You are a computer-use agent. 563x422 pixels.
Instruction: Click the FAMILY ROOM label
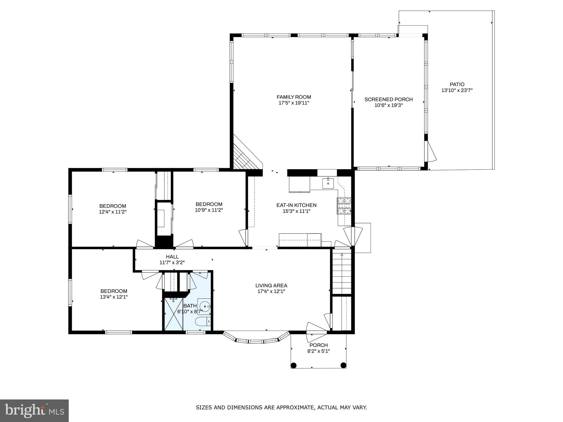coord(294,97)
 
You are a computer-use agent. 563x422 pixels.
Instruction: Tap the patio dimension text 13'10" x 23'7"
coord(457,90)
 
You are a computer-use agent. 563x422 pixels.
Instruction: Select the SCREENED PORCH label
coord(388,99)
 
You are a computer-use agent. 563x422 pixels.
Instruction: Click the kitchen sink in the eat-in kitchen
coord(328,183)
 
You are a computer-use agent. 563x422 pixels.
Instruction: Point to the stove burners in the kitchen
coord(344,206)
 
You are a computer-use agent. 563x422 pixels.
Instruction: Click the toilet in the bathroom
coord(203,321)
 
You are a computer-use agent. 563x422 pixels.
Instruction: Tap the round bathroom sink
coord(205,306)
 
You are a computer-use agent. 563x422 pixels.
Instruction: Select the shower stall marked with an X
coord(173,314)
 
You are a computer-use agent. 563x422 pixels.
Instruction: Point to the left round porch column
coord(294,365)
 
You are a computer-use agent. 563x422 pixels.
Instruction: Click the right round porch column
coord(343,365)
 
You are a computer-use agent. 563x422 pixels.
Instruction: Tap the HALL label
coord(172,257)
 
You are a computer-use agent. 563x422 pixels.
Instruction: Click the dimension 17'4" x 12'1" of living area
coord(271,291)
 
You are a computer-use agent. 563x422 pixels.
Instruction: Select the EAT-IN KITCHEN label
coord(296,205)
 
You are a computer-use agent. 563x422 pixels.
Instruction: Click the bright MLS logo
coord(34,411)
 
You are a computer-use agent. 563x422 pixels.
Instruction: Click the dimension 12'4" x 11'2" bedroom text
coord(112,212)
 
